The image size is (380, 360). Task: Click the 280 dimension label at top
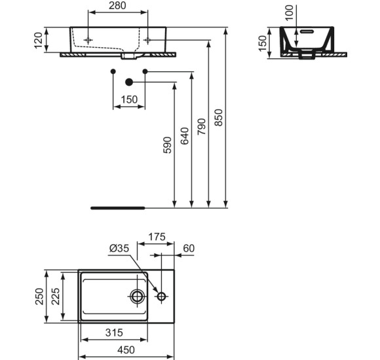pos(117,6)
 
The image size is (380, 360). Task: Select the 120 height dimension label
pos(38,41)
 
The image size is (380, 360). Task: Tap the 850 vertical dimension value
pos(219,118)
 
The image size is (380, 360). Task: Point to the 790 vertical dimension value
pos(201,126)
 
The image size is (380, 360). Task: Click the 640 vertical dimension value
pos(185,135)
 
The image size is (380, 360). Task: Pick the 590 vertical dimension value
pos(167,145)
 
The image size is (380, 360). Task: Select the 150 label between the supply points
pos(129,99)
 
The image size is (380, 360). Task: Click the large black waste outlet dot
pos(129,82)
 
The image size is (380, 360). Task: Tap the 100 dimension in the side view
pos(289,12)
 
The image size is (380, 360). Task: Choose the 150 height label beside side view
pos(263,43)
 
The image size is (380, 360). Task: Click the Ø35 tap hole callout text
pos(119,248)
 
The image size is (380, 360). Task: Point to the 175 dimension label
pos(157,237)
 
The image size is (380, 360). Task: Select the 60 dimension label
pos(189,248)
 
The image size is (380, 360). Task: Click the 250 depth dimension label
pos(39,297)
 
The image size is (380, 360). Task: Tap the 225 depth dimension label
pos(56,297)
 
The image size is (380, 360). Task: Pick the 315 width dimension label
pos(114,333)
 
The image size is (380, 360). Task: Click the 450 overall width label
pos(126,350)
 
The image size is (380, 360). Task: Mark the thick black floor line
pos(118,208)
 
